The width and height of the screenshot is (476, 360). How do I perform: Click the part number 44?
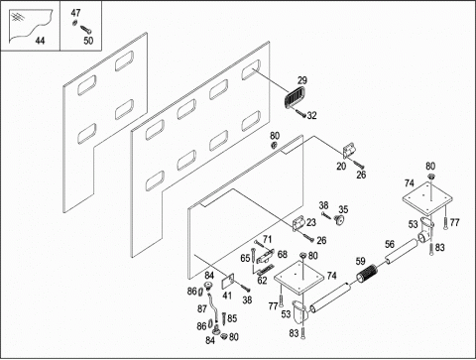40,41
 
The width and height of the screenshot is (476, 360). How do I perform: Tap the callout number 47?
75,13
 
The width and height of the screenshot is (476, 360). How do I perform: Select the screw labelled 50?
85,30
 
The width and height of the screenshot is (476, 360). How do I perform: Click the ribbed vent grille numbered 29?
295,97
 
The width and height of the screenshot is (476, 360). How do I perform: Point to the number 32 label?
311,115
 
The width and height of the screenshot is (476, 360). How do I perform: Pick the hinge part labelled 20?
349,151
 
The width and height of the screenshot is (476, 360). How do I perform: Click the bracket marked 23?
299,224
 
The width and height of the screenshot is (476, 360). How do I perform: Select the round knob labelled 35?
338,219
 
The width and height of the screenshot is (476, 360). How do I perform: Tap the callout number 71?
267,239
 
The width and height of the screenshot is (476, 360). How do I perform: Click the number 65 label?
245,258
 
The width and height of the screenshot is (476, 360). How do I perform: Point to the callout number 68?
283,254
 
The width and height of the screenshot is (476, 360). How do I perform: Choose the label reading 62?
262,281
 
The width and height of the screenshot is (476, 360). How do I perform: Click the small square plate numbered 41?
227,282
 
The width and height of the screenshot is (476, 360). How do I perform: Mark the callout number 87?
202,309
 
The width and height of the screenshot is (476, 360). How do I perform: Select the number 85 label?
232,318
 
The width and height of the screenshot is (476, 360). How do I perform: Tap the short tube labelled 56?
401,251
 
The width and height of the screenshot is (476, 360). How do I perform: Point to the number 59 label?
360,261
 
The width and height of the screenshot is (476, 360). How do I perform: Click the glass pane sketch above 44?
31,26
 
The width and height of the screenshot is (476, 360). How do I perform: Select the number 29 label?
302,80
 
